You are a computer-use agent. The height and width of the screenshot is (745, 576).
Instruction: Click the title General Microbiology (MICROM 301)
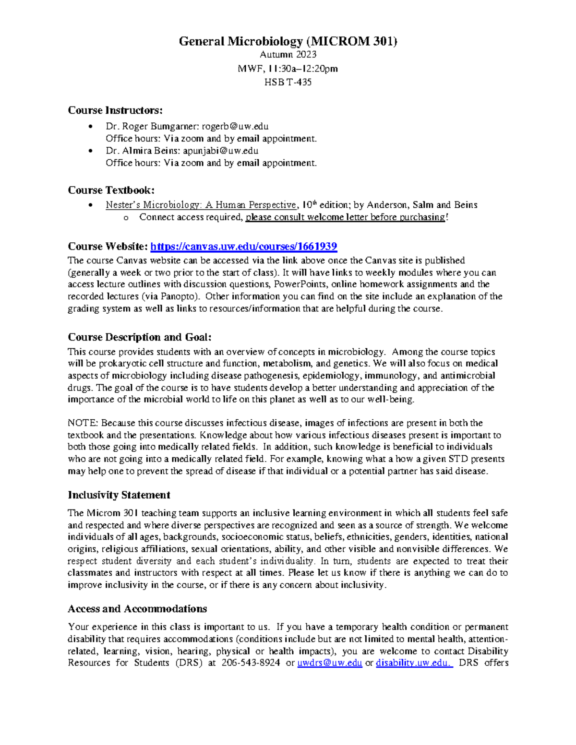(x=288, y=41)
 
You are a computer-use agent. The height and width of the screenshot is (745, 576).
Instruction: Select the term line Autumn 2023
(x=288, y=55)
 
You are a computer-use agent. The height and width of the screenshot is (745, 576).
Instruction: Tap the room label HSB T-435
(x=288, y=82)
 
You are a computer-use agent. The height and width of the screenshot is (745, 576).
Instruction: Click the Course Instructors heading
(x=115, y=110)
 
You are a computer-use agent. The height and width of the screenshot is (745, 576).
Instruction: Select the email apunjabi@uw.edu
(x=221, y=151)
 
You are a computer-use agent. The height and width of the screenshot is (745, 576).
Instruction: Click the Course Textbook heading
(x=111, y=190)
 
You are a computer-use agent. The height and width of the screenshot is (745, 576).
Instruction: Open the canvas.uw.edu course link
(x=243, y=247)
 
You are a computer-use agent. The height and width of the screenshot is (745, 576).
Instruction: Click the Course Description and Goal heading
(x=140, y=337)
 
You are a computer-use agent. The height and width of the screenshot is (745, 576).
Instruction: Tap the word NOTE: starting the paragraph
(x=83, y=423)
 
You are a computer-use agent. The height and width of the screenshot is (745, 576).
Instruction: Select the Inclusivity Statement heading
(x=119, y=495)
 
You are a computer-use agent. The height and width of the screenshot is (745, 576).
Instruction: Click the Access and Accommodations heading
(x=137, y=609)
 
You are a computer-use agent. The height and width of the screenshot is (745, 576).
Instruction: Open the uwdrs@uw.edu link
(x=330, y=663)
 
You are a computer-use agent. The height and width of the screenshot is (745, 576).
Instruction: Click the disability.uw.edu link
(x=414, y=663)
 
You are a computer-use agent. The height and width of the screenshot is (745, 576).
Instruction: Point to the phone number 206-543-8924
(x=251, y=663)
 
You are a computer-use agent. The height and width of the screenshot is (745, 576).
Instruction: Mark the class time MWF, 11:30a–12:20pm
(x=288, y=69)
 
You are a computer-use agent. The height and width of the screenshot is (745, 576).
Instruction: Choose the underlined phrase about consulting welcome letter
(x=345, y=217)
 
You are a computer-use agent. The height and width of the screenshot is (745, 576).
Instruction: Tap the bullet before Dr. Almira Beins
(x=90, y=151)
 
